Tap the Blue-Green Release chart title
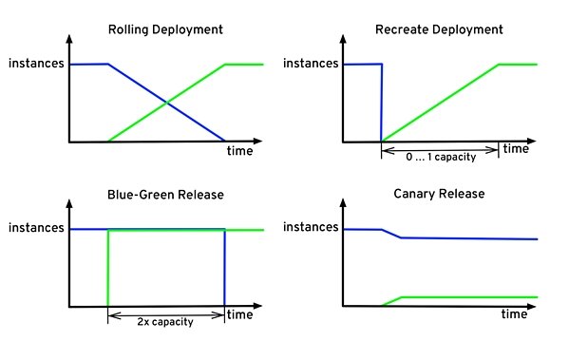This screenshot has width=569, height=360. (165, 195)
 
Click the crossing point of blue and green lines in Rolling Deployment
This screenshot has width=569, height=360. (167, 103)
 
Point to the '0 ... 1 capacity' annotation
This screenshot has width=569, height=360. (440, 156)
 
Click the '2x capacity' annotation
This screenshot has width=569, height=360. (167, 321)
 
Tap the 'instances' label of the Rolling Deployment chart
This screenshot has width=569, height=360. (35, 64)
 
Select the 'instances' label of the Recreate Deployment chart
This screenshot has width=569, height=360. (311, 64)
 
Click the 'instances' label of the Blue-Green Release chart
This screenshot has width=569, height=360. (35, 229)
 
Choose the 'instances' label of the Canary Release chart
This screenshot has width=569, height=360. (311, 229)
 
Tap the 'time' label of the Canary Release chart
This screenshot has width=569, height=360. (514, 314)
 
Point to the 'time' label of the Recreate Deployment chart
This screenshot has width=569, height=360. (516, 149)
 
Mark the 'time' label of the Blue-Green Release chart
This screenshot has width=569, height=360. (240, 314)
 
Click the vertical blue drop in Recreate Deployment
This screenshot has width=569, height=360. (382, 103)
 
